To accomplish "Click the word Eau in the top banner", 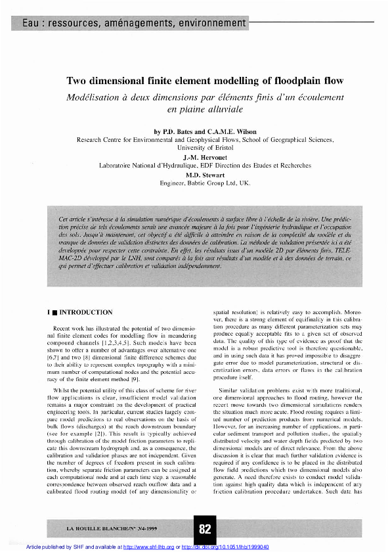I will click(x=31, y=24).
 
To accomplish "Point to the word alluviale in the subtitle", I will click(x=222, y=108).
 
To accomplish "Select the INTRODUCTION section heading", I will click(x=86, y=312).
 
